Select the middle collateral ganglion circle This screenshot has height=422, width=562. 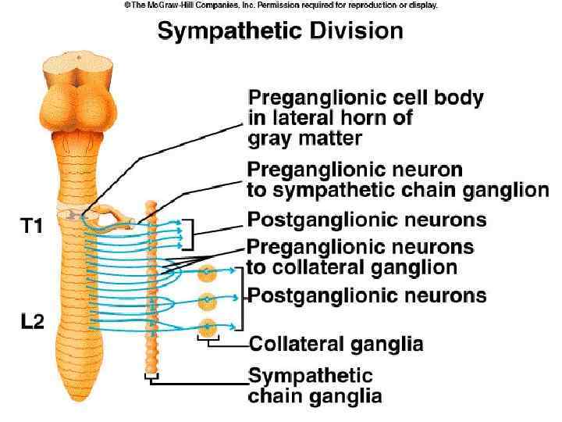(207, 300)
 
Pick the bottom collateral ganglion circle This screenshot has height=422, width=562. (207, 327)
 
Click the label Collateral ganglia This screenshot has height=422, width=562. (336, 345)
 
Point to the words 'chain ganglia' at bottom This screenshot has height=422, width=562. (315, 396)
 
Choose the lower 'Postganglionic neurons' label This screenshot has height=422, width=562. (367, 295)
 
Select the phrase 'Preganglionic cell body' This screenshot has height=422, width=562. (365, 99)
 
